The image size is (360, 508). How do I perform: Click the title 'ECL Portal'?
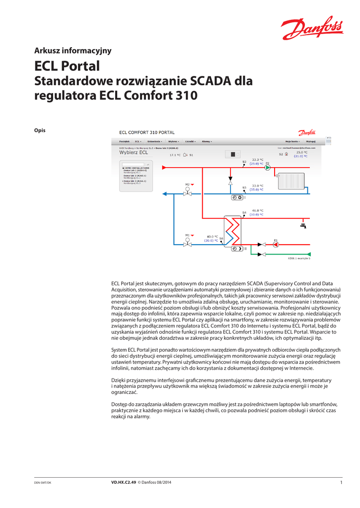[x=67, y=66]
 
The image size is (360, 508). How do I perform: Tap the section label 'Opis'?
[x=40, y=130]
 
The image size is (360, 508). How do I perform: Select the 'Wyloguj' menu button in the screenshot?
[x=311, y=141]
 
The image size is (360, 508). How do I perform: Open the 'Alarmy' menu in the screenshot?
[x=207, y=141]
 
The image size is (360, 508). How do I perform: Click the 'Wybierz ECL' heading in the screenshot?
[x=134, y=153]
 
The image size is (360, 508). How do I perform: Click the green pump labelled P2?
[x=267, y=168]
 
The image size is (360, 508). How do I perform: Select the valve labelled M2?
[x=188, y=193]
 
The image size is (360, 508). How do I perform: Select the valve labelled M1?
[x=188, y=244]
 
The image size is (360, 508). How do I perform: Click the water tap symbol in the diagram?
[x=302, y=226]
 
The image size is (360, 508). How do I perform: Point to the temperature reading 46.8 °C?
[x=258, y=210]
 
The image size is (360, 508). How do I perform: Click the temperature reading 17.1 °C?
[x=175, y=155]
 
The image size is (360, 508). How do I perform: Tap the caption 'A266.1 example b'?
[x=299, y=258]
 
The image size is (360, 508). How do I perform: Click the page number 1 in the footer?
[x=341, y=483]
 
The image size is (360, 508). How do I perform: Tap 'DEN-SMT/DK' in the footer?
[x=42, y=483]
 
